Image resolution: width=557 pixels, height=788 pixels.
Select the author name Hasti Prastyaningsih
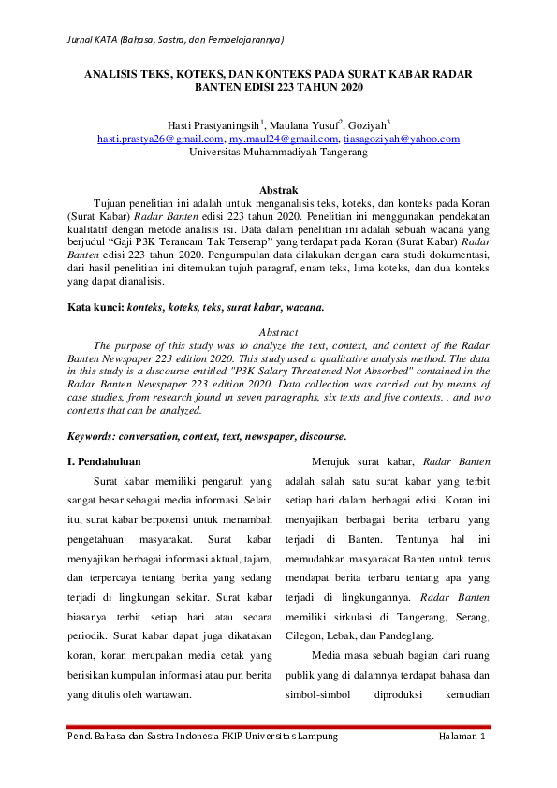pyautogui.click(x=214, y=124)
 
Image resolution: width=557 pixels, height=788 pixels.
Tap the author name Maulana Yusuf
pyautogui.click(x=303, y=124)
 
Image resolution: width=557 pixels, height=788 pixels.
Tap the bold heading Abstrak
pyautogui.click(x=278, y=190)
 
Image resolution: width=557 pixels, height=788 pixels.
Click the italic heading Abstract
pyautogui.click(x=278, y=331)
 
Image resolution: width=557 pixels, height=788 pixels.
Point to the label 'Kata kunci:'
pyautogui.click(x=96, y=307)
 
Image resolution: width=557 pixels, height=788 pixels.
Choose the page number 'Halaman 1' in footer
pyautogui.click(x=463, y=737)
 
